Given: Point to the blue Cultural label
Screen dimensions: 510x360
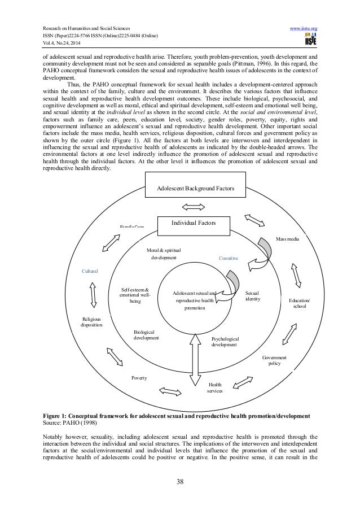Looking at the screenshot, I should click(x=90, y=271).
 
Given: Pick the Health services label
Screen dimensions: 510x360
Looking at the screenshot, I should click(x=214, y=387).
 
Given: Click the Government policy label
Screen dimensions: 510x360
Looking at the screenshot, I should click(x=274, y=360).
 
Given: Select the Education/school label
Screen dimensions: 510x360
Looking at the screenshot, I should click(x=299, y=303).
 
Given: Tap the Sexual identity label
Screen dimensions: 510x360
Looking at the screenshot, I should click(x=253, y=296).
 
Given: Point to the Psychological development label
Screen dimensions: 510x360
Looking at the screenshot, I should click(x=225, y=341).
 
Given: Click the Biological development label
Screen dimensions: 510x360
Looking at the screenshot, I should click(x=146, y=335).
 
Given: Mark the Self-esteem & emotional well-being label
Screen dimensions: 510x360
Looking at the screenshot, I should click(x=135, y=295).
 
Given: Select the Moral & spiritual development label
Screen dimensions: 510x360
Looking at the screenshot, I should click(x=164, y=253).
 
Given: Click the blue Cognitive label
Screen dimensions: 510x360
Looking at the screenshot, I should click(x=229, y=258).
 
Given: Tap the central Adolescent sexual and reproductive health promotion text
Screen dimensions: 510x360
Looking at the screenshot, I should click(x=195, y=301).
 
